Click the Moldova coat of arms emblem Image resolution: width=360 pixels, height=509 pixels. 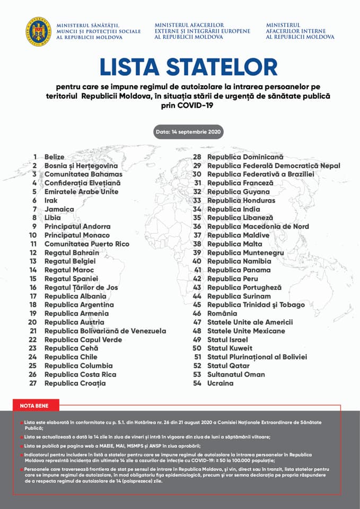(37, 31)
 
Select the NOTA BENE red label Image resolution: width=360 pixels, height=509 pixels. (34, 406)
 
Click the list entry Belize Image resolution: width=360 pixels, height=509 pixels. (55, 157)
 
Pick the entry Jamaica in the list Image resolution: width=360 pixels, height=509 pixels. (59, 209)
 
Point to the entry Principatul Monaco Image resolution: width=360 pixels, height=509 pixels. (77, 235)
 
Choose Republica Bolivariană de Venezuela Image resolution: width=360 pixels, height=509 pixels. (105, 331)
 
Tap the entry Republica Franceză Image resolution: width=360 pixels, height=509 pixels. (240, 183)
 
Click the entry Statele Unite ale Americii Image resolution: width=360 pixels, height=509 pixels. (250, 322)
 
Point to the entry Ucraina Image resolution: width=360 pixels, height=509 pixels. (221, 383)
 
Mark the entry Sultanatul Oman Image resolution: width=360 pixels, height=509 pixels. (235, 374)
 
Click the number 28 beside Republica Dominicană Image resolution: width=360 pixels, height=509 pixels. (197, 157)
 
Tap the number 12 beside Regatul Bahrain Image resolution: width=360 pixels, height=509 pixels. (33, 252)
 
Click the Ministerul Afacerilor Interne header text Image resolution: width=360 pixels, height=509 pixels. (300, 31)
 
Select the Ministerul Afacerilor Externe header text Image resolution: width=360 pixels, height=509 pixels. (203, 31)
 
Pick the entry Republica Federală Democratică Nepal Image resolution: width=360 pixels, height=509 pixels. (274, 165)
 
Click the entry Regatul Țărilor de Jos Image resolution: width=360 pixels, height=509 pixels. (81, 287)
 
